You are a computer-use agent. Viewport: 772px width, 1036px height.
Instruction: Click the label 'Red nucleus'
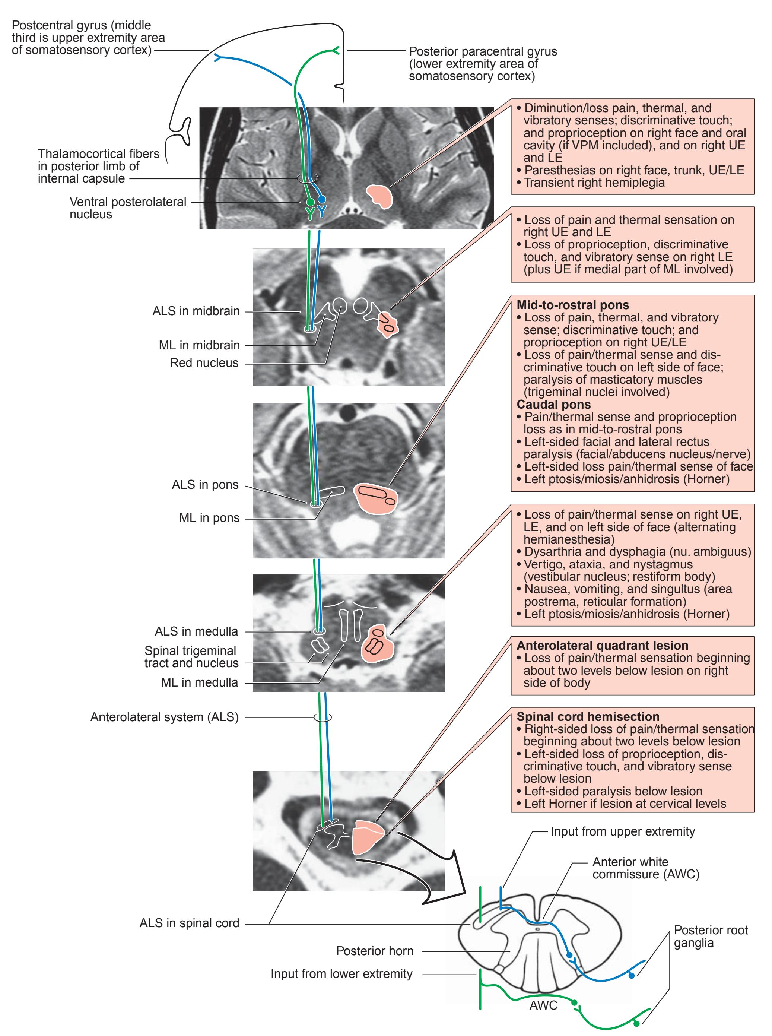pyautogui.click(x=204, y=363)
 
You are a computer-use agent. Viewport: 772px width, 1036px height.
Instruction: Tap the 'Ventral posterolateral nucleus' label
pyautogui.click(x=128, y=208)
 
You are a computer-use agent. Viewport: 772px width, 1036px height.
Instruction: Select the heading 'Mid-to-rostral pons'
pyautogui.click(x=572, y=305)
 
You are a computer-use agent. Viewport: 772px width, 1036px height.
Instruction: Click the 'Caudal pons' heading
pyautogui.click(x=553, y=405)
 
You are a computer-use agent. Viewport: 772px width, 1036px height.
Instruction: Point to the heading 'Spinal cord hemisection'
pyautogui.click(x=588, y=717)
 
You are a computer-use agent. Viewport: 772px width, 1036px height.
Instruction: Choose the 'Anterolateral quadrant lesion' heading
pyautogui.click(x=602, y=646)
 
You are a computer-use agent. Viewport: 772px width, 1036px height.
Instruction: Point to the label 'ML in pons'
pyautogui.click(x=209, y=518)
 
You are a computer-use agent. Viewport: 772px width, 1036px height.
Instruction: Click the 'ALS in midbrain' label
pyautogui.click(x=196, y=311)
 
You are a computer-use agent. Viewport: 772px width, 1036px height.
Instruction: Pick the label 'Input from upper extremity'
pyautogui.click(x=622, y=831)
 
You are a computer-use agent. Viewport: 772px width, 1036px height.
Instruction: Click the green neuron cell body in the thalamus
pyautogui.click(x=310, y=202)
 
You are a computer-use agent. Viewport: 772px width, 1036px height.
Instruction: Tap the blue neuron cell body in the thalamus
pyautogui.click(x=321, y=200)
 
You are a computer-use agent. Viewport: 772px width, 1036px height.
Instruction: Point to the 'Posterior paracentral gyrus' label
pyautogui.click(x=482, y=64)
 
